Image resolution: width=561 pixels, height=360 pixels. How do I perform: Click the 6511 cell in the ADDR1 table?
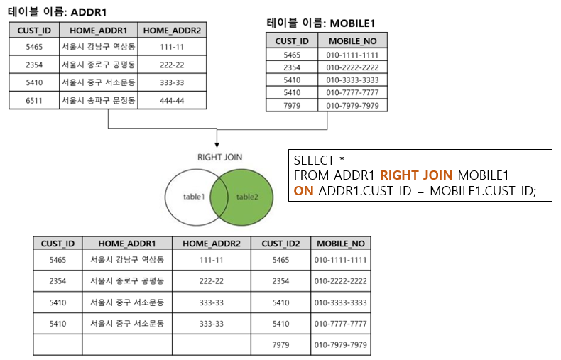pos(33,101)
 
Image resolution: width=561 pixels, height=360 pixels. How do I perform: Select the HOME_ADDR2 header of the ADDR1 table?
pos(172,30)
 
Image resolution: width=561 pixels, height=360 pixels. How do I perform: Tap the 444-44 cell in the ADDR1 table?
pos(172,101)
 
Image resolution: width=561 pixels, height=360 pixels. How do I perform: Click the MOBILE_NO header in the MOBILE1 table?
pos(353,41)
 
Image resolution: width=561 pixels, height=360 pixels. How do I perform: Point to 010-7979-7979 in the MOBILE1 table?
pos(353,106)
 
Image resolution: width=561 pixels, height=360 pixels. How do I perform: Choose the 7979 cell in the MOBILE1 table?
pos(292,106)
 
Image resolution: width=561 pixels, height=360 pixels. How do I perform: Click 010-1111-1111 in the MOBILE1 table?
pos(353,55)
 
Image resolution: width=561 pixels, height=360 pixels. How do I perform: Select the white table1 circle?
pos(186,195)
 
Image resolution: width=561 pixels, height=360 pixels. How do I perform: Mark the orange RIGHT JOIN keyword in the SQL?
pos(416,175)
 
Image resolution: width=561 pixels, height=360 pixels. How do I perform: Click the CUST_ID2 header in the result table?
pos(281,244)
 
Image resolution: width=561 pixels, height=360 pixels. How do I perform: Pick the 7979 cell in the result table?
pos(281,344)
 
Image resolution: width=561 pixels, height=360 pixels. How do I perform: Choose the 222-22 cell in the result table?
pos(212,281)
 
